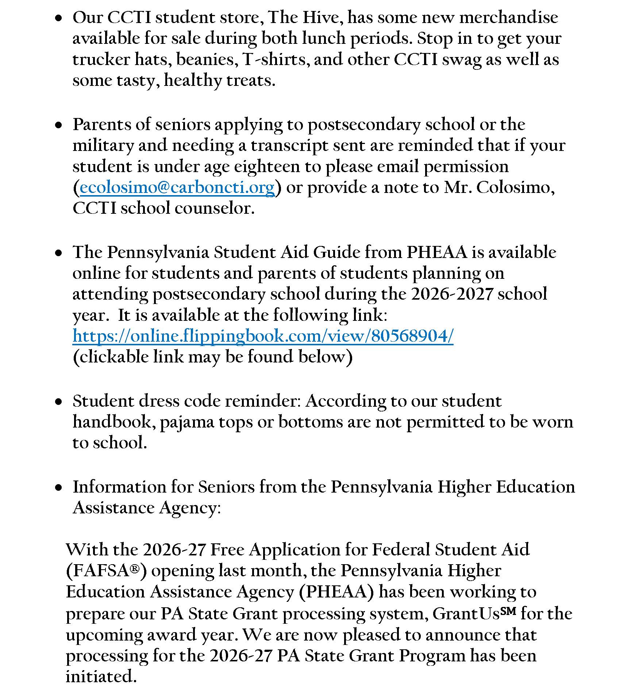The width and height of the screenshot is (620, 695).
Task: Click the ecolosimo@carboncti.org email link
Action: pos(177,187)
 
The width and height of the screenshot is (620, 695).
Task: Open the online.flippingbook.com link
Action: pos(263,336)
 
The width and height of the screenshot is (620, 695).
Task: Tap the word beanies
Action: pos(205,59)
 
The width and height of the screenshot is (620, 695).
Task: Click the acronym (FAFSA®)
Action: pos(106,571)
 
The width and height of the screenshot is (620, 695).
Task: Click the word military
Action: pos(103,146)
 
